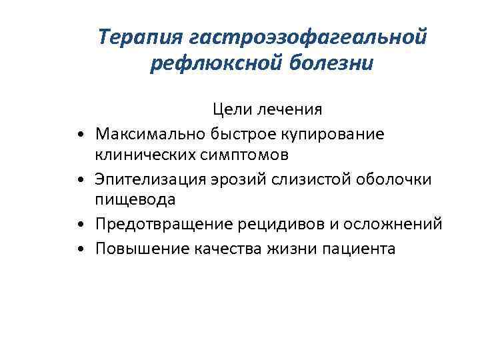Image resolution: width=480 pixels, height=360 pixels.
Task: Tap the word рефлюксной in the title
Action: point(207,65)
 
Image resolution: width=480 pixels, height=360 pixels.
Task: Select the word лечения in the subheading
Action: point(289,108)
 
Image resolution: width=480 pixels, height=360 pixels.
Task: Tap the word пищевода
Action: point(135,199)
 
